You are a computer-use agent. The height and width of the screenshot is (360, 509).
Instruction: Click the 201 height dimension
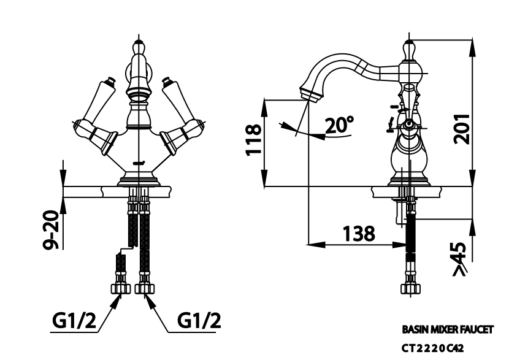(x=462, y=129)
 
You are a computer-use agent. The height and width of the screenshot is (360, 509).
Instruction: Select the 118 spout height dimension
(x=253, y=140)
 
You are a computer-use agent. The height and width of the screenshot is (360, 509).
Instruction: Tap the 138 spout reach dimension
(x=359, y=234)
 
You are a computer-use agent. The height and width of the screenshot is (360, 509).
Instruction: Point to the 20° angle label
(x=339, y=125)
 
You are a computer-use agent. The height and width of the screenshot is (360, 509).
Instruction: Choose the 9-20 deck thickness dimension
(x=52, y=230)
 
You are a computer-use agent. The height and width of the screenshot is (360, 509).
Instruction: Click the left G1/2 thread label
(x=74, y=321)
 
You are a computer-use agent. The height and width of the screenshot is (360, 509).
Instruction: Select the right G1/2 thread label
(x=199, y=321)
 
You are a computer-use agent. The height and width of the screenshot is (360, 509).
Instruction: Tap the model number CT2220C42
(x=433, y=348)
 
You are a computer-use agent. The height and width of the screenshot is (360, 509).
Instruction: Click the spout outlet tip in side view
(x=310, y=94)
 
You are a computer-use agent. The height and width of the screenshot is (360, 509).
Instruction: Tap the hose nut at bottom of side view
(x=411, y=288)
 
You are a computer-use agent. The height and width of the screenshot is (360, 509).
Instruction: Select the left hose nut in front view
(x=121, y=288)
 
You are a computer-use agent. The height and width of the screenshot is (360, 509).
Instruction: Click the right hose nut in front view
(x=145, y=288)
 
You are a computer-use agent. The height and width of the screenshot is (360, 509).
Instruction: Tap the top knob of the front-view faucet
(x=139, y=48)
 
